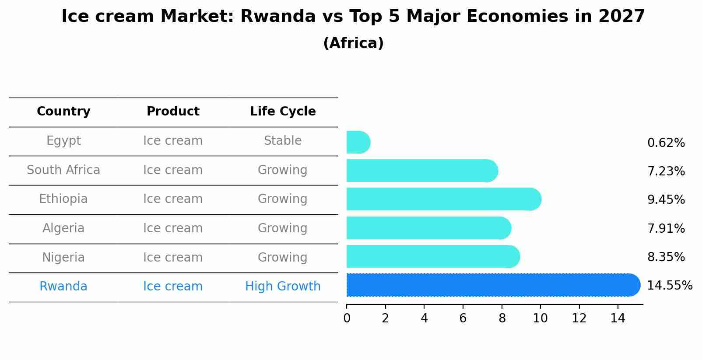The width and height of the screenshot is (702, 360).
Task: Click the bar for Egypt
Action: (358, 142)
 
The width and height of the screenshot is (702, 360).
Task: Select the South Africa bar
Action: (422, 171)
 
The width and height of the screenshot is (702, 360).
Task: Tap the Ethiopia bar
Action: (444, 199)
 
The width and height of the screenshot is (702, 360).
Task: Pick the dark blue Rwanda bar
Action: (494, 285)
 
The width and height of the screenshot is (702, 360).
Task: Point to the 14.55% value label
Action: (670, 286)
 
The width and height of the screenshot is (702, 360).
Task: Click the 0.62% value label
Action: (666, 143)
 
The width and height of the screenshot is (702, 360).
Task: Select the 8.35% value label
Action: (666, 257)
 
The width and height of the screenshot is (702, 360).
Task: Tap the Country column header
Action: (63, 112)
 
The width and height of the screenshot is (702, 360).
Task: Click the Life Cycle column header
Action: (283, 112)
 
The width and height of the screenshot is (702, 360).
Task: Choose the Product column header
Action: (173, 111)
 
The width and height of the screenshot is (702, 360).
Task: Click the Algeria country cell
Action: (63, 228)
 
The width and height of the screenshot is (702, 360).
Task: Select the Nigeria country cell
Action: (63, 258)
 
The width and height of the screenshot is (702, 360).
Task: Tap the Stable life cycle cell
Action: (283, 141)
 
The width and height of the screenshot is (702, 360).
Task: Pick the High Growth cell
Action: (283, 287)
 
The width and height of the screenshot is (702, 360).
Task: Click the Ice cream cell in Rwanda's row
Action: (173, 287)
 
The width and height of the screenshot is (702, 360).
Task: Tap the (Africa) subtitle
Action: (354, 43)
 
